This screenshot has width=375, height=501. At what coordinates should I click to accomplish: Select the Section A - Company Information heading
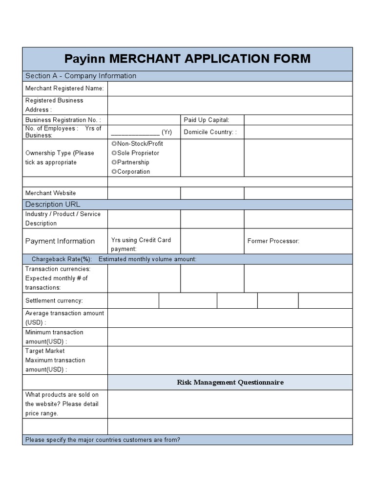pos(81,76)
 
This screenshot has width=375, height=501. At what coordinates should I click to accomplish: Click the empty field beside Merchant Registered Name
pos(229,89)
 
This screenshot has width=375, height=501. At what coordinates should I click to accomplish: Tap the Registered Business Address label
pos(54,105)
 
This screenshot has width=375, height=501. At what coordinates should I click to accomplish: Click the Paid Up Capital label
pos(206,120)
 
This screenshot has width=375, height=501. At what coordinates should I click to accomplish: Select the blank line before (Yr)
pos(135,132)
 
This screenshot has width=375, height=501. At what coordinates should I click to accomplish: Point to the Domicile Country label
pos(210,132)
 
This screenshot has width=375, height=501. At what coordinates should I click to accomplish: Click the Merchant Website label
pos(50,193)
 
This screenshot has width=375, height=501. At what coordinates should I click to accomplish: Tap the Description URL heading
pos(53,205)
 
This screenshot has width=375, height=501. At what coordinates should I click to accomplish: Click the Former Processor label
pos(273,241)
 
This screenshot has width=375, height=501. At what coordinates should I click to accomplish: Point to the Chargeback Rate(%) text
pos(62,259)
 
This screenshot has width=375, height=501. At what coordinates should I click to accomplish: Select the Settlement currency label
pos(54,300)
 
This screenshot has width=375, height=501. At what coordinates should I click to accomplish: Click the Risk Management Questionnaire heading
pos(230,382)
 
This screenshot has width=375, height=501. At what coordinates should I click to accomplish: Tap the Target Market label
pos(45,351)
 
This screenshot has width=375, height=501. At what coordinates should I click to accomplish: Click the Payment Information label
pos(60,241)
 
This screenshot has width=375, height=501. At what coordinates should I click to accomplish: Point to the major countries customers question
pos(103,440)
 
